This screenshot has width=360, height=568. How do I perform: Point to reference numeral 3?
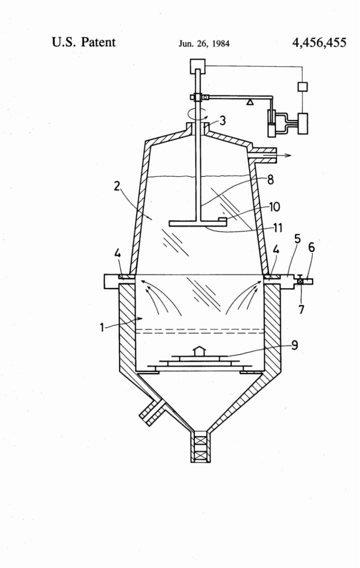pyautogui.click(x=222, y=120)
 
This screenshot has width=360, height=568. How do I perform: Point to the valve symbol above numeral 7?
pyautogui.click(x=300, y=282)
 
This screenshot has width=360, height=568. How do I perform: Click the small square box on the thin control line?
pyautogui.click(x=302, y=87)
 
